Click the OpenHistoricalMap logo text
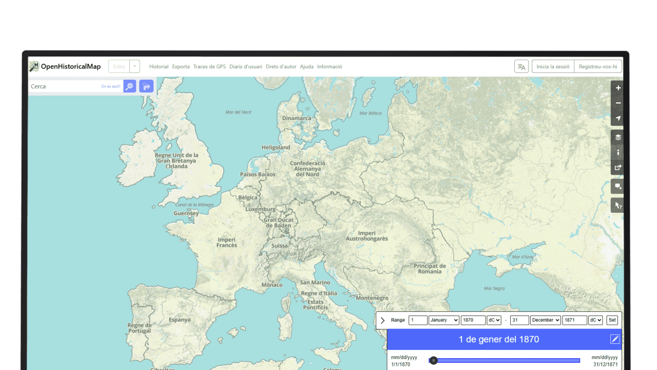[x=70, y=66]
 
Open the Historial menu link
[x=159, y=67]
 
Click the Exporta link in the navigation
[x=181, y=67]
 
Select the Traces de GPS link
[x=209, y=67]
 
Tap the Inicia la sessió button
[x=553, y=67]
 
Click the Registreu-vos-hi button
[x=597, y=67]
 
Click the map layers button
[x=618, y=137]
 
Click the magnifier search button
[x=130, y=86]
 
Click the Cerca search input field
[x=64, y=86]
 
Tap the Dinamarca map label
[x=297, y=118]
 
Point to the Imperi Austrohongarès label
[x=366, y=236]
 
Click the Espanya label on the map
[x=180, y=320]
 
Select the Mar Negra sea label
[x=494, y=288]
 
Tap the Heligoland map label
[x=276, y=147]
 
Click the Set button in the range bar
[x=612, y=320]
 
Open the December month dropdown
[x=546, y=320]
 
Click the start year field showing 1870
[x=473, y=320]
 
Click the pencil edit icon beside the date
[x=615, y=339]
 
